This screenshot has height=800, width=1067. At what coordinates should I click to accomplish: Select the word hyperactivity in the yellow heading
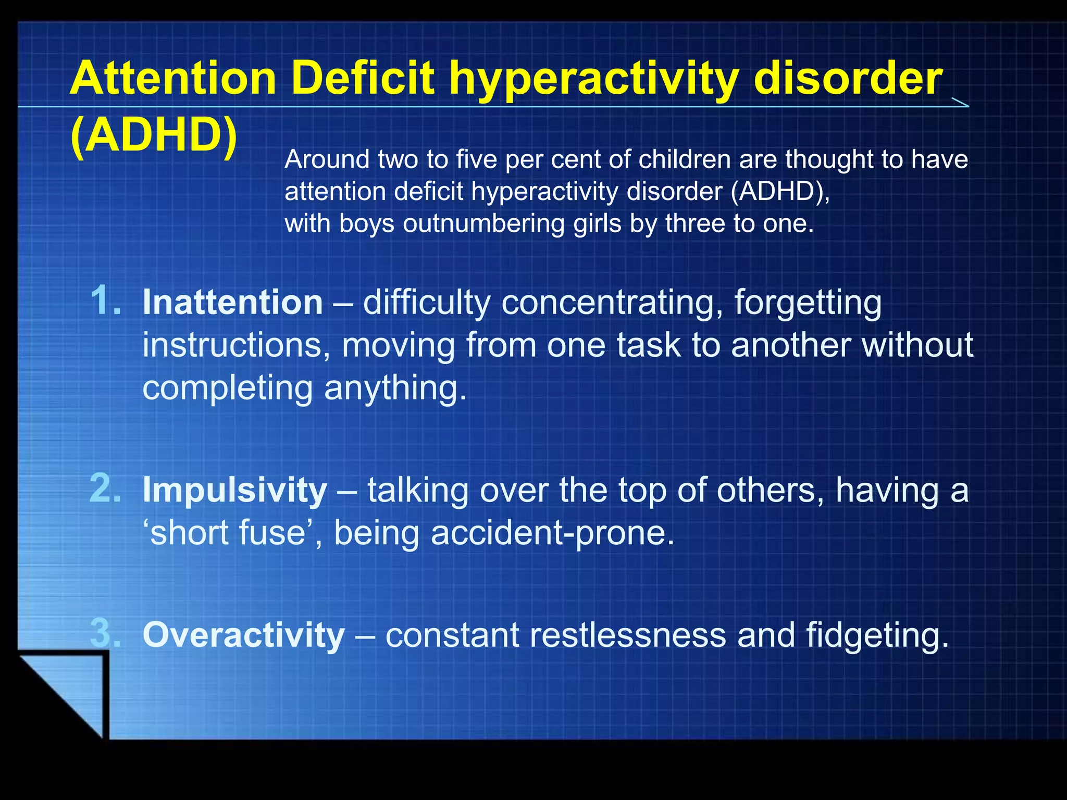[594, 79]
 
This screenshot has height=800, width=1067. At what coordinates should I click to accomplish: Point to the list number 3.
[106, 634]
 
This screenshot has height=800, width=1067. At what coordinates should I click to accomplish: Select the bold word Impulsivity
[235, 491]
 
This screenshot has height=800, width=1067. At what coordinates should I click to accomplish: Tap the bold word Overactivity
[244, 635]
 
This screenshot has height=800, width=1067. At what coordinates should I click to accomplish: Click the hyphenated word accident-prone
[552, 534]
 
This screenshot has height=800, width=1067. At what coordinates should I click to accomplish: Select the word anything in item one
[395, 389]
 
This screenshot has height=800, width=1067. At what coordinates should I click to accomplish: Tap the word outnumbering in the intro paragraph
[484, 224]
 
